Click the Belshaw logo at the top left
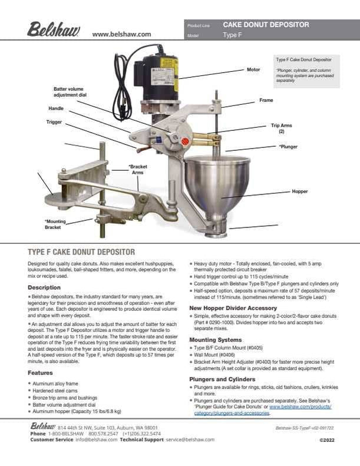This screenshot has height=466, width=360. [x=54, y=29]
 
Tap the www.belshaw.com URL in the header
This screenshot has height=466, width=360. [x=121, y=34]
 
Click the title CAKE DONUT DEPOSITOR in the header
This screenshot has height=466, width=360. [x=266, y=25]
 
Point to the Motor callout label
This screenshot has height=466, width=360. [x=253, y=70]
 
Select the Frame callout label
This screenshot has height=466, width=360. [x=266, y=101]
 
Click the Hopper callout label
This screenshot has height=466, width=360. [x=300, y=191]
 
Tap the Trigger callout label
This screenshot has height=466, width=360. [x=54, y=122]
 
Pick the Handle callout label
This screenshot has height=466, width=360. [x=56, y=109]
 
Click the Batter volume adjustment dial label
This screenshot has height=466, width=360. [x=70, y=91]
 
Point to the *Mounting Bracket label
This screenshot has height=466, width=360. [x=53, y=223]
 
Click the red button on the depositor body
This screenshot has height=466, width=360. [x=184, y=141]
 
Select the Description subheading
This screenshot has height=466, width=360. [x=44, y=287]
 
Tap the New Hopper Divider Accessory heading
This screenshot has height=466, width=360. [x=233, y=308]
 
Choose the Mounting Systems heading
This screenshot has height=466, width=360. [x=216, y=340]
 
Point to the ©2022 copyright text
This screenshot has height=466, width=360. [x=327, y=439]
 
